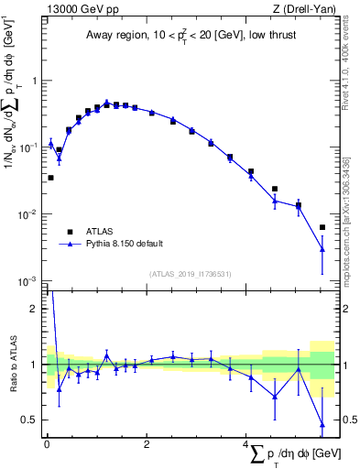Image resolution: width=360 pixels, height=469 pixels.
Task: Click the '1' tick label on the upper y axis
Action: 36,81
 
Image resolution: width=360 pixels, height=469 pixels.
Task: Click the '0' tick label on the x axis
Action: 47,444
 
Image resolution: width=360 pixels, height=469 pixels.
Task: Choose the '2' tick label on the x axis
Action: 147,444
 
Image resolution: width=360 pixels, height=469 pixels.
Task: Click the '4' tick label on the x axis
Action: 246,444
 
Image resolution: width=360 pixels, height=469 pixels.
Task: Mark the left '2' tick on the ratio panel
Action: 36,309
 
